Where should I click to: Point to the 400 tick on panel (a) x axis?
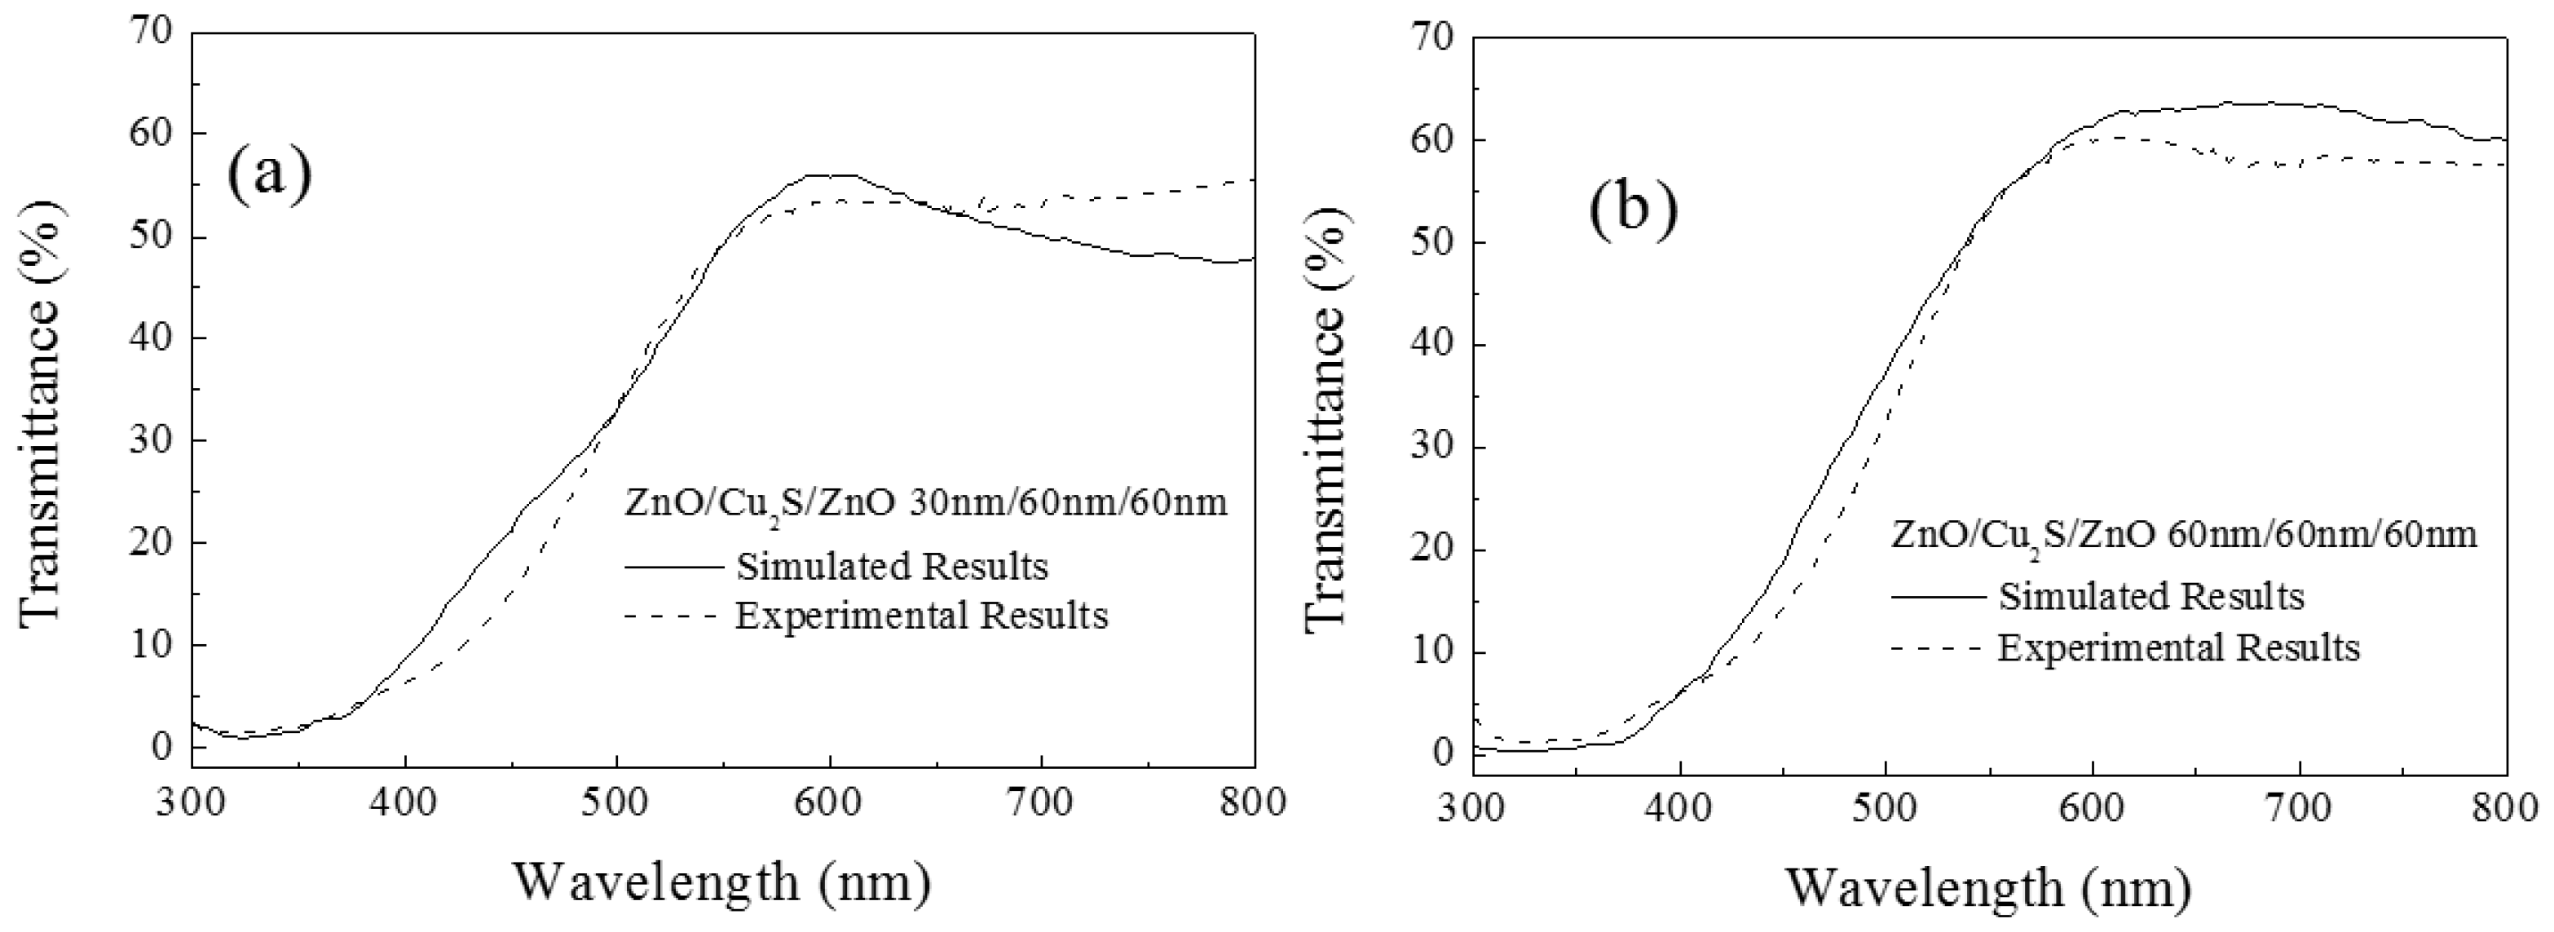(x=404, y=801)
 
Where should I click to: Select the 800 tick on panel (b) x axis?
(x=2505, y=809)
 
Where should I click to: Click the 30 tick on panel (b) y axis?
(x=1431, y=447)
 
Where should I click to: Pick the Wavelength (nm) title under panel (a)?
(x=721, y=881)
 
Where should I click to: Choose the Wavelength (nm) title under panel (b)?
(x=1988, y=886)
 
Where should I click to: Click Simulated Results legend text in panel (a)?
(x=891, y=566)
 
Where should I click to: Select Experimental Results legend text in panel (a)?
(x=921, y=616)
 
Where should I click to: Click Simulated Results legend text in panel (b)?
(x=2151, y=596)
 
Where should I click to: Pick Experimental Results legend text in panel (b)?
(x=2178, y=647)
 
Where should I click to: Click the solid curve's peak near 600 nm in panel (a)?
(x=828, y=175)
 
